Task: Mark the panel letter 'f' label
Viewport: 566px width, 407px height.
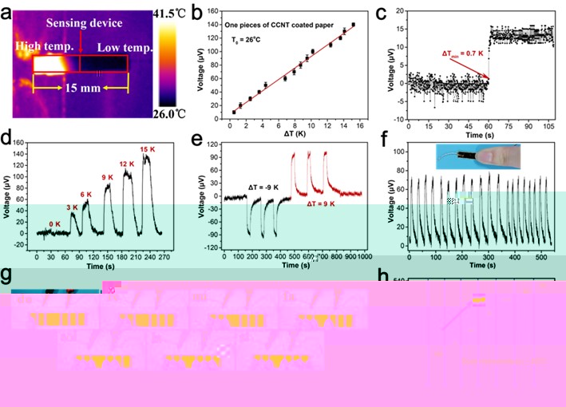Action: pyautogui.click(x=384, y=144)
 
